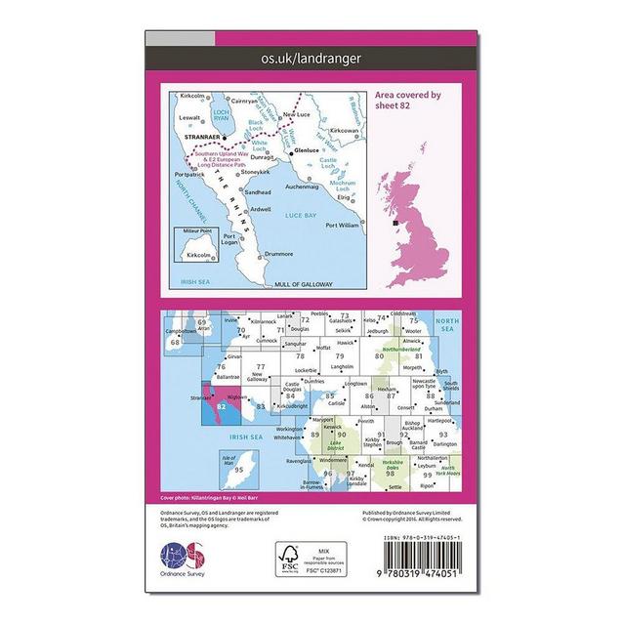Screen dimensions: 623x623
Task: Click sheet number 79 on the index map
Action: click(x=340, y=358)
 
